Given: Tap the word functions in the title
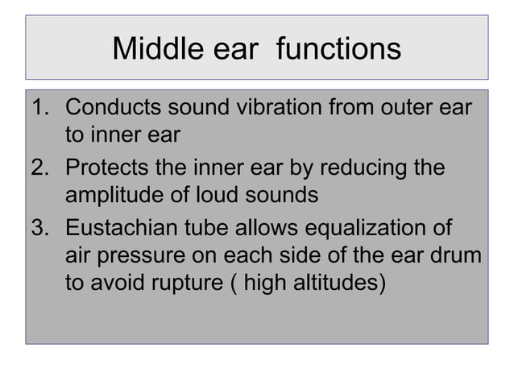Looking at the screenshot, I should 338,49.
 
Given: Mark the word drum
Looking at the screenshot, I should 457,255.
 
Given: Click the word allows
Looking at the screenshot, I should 266,230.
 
